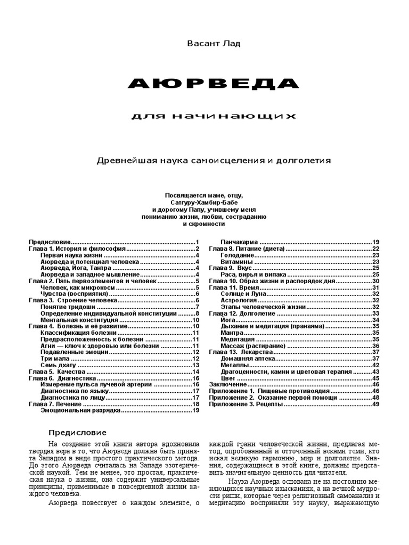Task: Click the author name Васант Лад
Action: (x=204, y=44)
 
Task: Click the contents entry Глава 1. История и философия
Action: (x=77, y=249)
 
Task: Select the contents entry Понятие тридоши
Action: (x=68, y=307)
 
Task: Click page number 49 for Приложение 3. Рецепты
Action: (x=375, y=404)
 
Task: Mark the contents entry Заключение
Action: (x=227, y=384)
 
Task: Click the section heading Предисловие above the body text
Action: (x=78, y=432)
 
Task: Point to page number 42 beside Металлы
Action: (x=375, y=365)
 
